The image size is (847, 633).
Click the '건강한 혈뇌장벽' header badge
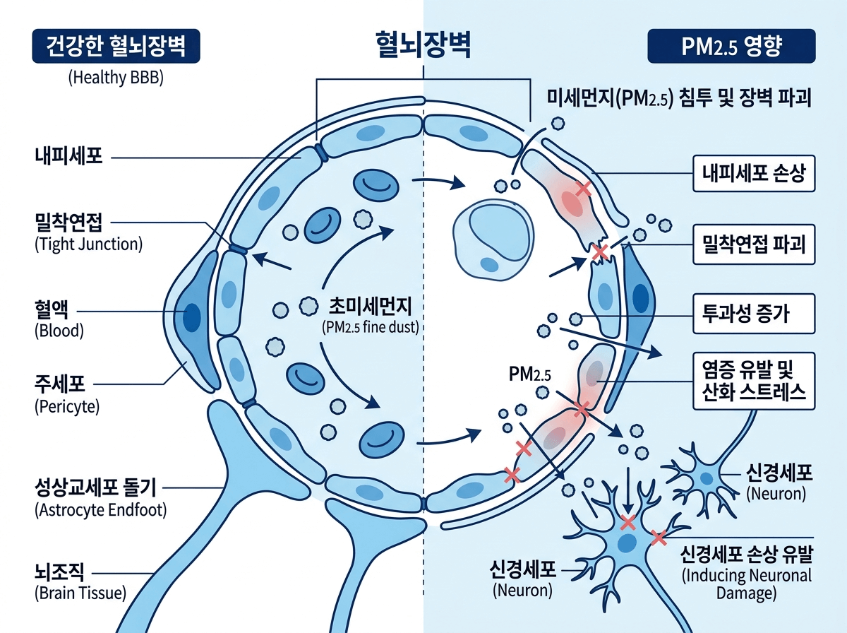[116, 48]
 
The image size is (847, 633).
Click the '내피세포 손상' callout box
[753, 174]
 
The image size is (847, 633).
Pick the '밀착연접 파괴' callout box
[753, 244]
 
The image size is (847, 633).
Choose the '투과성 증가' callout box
[753, 314]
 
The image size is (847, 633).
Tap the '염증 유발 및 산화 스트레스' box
[753, 380]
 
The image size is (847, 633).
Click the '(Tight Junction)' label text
[88, 245]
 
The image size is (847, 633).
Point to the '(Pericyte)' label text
[67, 407]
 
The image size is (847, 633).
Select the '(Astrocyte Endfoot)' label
[100, 509]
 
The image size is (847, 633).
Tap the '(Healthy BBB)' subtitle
[116, 78]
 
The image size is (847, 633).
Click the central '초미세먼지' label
[368, 306]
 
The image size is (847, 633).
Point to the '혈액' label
[50, 309]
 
